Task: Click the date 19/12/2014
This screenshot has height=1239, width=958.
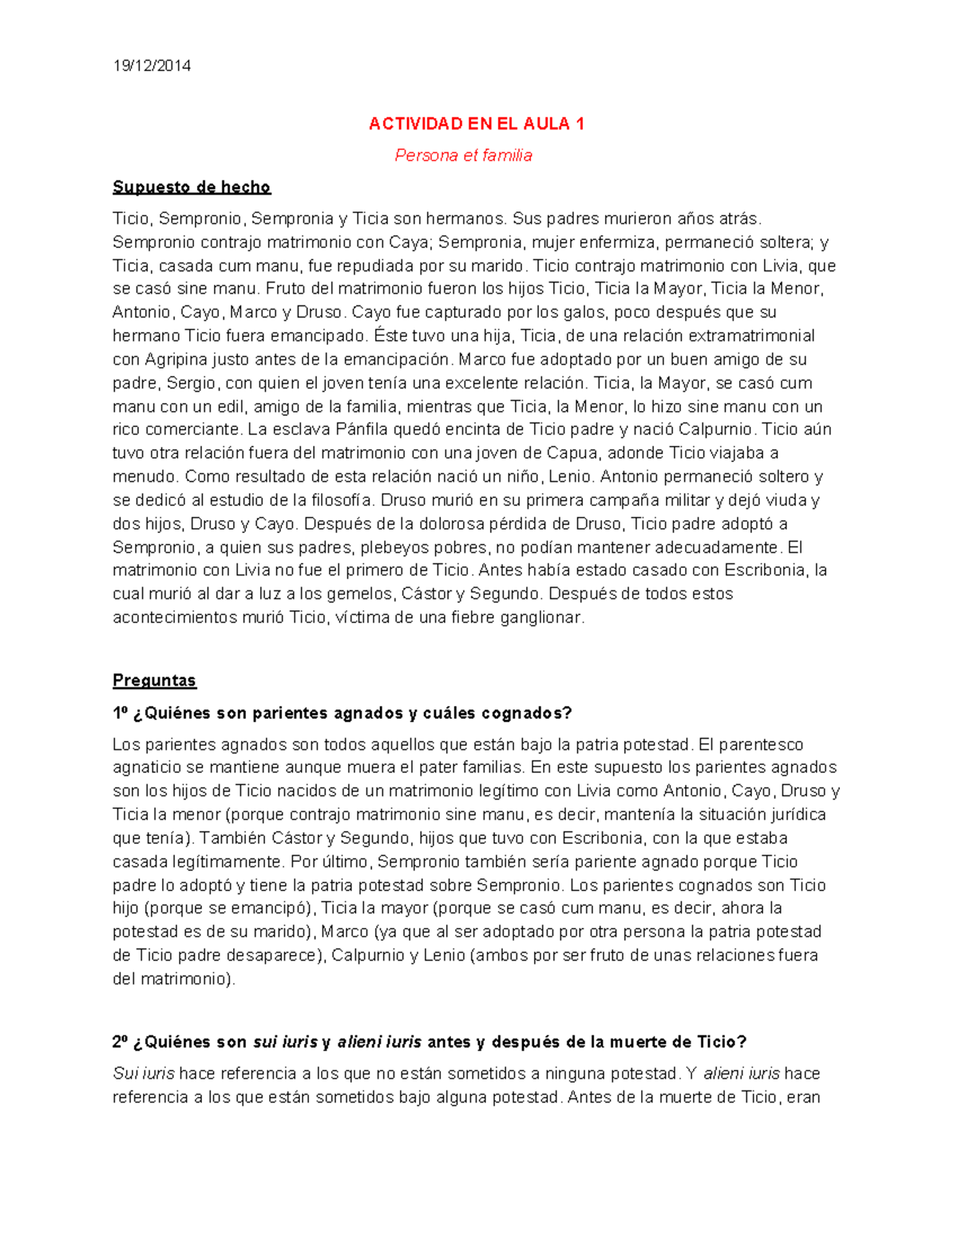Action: tap(152, 66)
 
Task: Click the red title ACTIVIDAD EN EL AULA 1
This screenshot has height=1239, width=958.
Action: tap(477, 124)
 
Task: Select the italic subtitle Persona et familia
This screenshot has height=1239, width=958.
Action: tap(463, 156)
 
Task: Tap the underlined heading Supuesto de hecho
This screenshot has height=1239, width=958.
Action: tap(192, 187)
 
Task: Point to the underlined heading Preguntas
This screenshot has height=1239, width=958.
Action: tap(154, 681)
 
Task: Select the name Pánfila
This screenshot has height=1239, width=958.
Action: tap(364, 429)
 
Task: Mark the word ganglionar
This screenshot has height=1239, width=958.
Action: tap(542, 618)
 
